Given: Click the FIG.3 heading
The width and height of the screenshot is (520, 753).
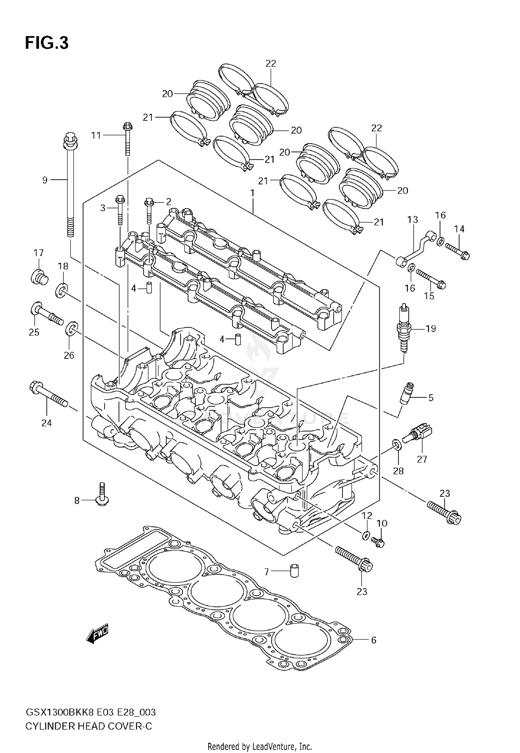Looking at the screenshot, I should pos(47,43).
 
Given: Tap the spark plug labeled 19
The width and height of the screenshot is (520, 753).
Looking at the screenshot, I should pos(404,328).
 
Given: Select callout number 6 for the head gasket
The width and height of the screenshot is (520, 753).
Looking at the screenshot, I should pos(374,640).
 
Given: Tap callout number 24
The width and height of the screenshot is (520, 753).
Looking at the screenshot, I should pos(46,423).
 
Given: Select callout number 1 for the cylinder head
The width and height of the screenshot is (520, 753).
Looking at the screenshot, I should pos(253,192).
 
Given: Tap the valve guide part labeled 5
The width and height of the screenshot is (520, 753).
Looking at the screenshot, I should pos(406,395).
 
